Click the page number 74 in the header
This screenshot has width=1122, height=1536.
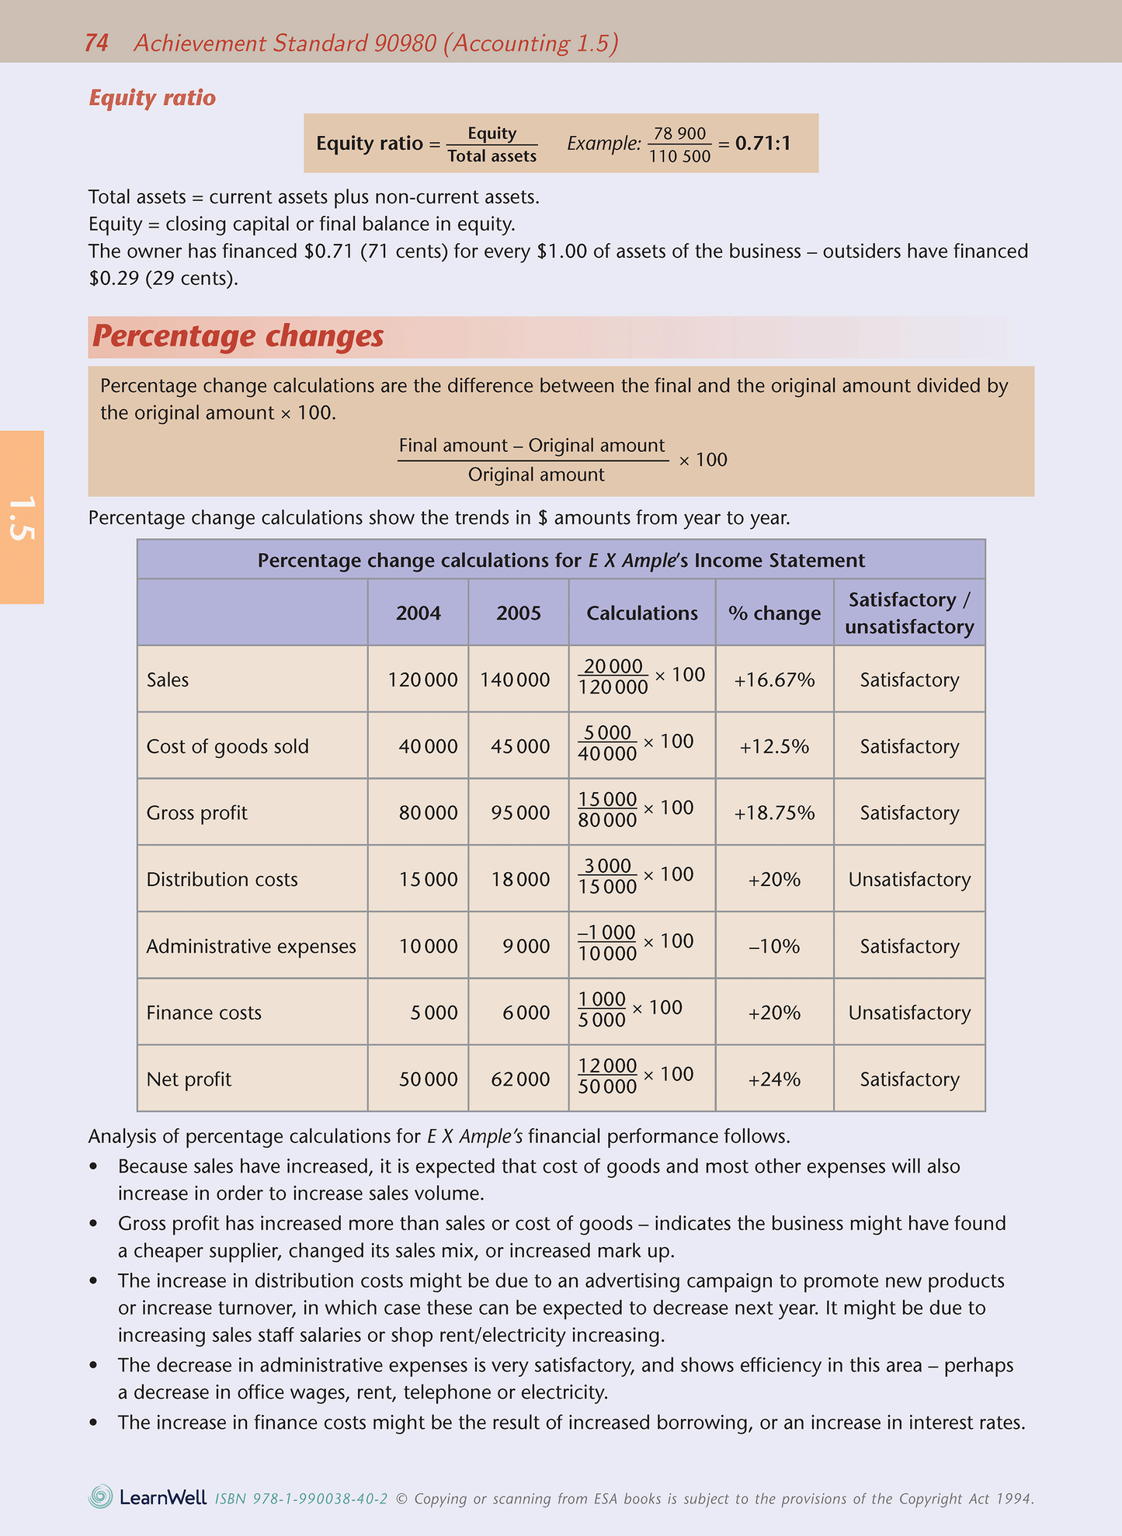(x=96, y=43)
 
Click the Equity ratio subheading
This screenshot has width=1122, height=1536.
(x=152, y=98)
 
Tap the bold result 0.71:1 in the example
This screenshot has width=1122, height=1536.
(x=762, y=144)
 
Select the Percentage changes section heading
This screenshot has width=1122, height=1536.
(x=238, y=336)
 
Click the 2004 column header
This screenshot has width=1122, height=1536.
(x=418, y=613)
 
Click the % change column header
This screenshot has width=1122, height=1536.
(x=774, y=613)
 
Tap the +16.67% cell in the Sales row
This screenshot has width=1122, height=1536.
(x=774, y=680)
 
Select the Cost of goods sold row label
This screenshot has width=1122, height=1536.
(x=228, y=747)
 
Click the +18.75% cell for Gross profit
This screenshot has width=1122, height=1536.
(x=774, y=813)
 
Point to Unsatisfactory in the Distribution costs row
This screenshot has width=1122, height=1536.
(x=909, y=880)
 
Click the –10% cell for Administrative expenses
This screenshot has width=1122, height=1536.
(x=774, y=947)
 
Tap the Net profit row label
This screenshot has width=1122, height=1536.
(x=189, y=1079)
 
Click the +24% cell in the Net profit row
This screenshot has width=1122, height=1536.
(x=774, y=1079)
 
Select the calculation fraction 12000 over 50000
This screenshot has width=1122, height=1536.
(x=607, y=1076)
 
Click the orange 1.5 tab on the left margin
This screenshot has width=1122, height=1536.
(x=22, y=517)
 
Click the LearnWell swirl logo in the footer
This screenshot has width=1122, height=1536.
(x=101, y=1496)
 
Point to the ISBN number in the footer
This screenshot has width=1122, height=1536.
(x=301, y=1499)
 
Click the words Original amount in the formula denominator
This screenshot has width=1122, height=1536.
(x=536, y=475)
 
